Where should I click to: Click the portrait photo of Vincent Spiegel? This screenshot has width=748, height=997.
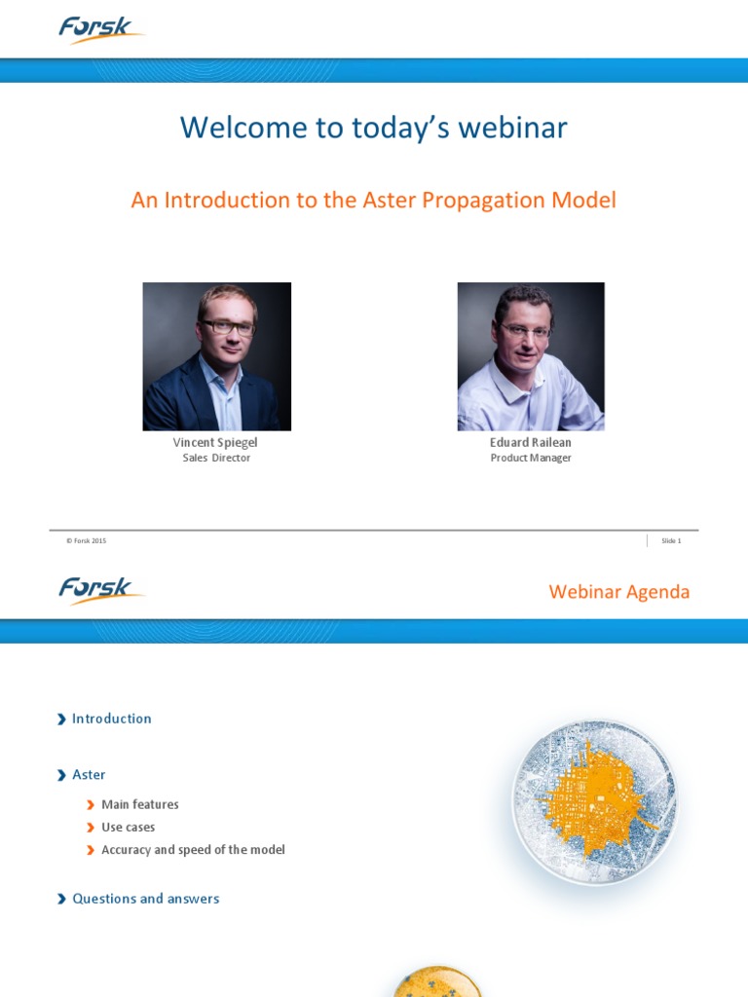click(x=217, y=356)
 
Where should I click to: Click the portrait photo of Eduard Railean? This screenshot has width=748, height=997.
click(x=531, y=356)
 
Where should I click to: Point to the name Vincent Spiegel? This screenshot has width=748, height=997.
click(x=215, y=442)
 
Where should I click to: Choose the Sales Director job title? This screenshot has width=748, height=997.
click(x=216, y=458)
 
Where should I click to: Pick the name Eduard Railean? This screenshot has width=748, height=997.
click(x=531, y=442)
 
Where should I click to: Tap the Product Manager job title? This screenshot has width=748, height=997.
click(x=531, y=458)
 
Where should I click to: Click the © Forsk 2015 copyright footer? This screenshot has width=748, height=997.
click(x=87, y=540)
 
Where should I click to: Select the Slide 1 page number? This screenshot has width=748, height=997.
click(x=671, y=540)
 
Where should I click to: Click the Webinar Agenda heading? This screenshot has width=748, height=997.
click(x=618, y=592)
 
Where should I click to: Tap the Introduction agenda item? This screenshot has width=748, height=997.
click(x=112, y=719)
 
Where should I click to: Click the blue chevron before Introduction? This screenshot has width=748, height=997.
click(x=62, y=720)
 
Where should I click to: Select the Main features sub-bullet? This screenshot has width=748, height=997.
click(x=140, y=804)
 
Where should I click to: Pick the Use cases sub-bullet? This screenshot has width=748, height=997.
click(x=129, y=827)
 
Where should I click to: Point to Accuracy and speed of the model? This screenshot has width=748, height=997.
click(x=193, y=849)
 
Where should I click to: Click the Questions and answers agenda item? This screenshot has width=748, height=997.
click(x=146, y=899)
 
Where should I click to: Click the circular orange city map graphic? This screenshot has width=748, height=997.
click(x=594, y=802)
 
